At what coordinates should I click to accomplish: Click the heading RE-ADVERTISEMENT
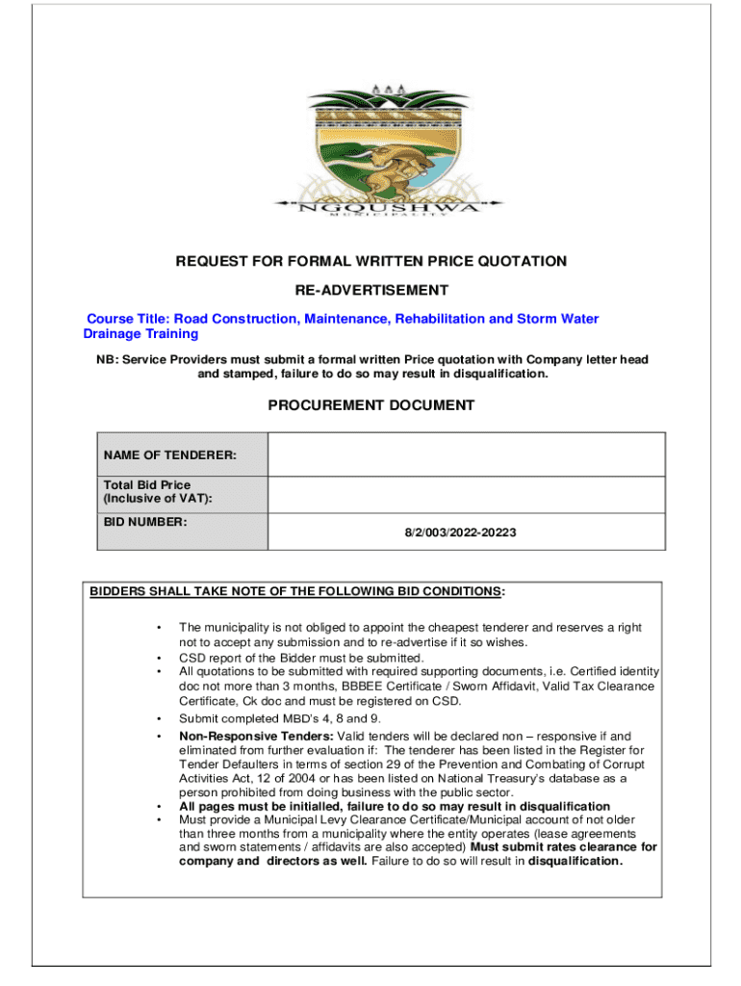point(370,290)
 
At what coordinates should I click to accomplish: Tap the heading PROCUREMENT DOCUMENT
point(370,405)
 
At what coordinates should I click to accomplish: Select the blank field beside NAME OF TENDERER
point(466,454)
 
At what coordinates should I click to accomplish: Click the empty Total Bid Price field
point(466,494)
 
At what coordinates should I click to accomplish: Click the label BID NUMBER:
point(145,522)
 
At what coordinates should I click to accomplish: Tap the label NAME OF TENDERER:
point(170,454)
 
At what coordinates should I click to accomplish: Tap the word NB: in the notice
point(95,359)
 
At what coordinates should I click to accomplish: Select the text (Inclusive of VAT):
point(158,498)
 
